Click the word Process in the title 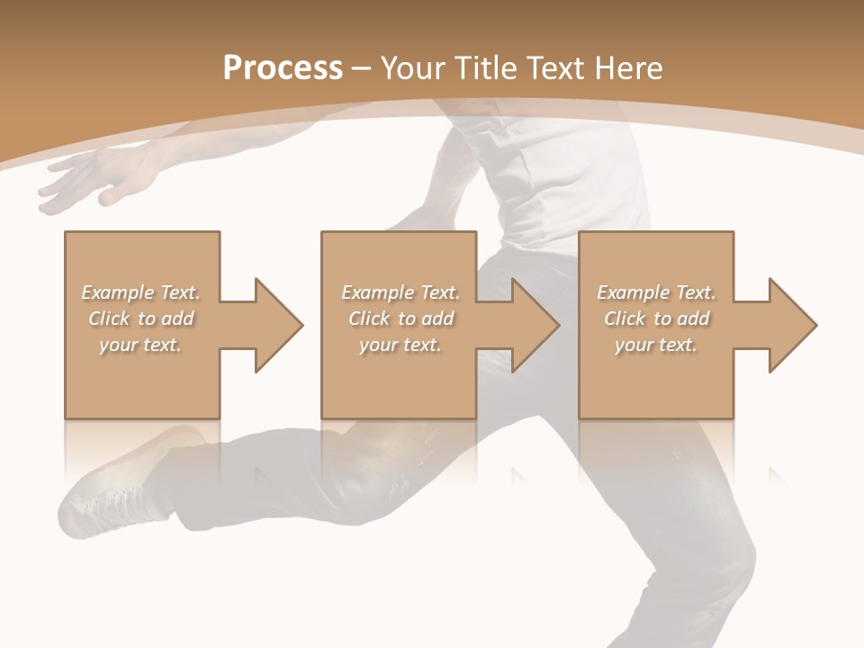(x=283, y=68)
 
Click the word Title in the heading (x=486, y=68)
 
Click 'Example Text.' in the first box (x=140, y=292)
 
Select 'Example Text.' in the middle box (x=400, y=292)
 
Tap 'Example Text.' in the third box (x=656, y=292)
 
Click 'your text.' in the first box (x=140, y=345)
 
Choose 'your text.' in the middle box (x=400, y=345)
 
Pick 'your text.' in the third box (x=656, y=345)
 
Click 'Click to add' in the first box (x=140, y=319)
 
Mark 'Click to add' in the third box (x=656, y=319)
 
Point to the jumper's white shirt (x=558, y=180)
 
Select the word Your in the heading (x=415, y=68)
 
